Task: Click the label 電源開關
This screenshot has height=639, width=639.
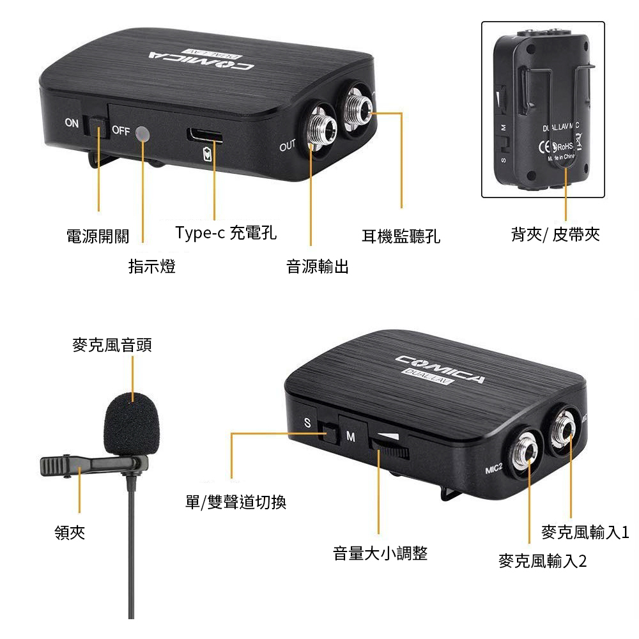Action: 97,236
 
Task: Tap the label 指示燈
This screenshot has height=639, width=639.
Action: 152,266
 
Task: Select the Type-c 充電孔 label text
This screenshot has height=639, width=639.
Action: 226,233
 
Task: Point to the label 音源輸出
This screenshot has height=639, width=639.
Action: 318,266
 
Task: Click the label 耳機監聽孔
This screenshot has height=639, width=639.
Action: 401,236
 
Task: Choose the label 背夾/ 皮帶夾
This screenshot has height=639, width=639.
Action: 555,235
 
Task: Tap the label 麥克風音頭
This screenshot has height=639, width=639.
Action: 111,346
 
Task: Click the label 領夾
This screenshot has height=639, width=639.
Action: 70,532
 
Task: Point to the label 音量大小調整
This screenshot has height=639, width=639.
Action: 380,553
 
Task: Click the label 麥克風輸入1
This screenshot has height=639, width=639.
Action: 585,532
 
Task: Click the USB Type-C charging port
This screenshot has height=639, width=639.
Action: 205,135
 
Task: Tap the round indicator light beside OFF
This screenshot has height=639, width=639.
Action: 143,134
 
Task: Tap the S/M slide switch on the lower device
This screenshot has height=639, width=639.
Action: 330,434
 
